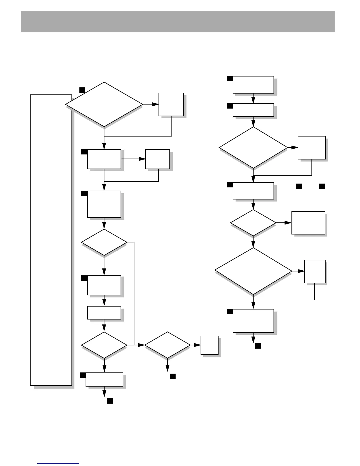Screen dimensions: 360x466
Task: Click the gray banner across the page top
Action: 178,21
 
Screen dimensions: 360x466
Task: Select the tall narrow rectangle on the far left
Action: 51,240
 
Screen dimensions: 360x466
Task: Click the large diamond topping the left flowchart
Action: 104,104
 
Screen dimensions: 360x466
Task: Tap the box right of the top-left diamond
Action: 171,104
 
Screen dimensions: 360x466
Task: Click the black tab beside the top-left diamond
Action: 82,90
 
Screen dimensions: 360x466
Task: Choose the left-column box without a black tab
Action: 104,313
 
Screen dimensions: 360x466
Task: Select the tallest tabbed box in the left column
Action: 104,204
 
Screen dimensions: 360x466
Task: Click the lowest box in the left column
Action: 104,380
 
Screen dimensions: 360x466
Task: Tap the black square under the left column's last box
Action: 110,401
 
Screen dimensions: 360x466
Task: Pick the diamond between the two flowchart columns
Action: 168,345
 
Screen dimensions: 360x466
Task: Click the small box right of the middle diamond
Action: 209,345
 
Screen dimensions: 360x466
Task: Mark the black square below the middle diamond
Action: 173,376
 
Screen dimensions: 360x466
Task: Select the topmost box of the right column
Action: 253,85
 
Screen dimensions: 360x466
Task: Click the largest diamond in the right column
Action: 253,271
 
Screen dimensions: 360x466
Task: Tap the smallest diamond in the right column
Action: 253,223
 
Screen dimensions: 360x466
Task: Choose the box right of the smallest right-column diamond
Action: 308,223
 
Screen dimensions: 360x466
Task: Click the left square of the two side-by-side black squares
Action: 299,186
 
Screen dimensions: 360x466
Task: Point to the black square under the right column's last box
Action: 258,346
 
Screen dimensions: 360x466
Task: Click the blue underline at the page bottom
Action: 59,463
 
